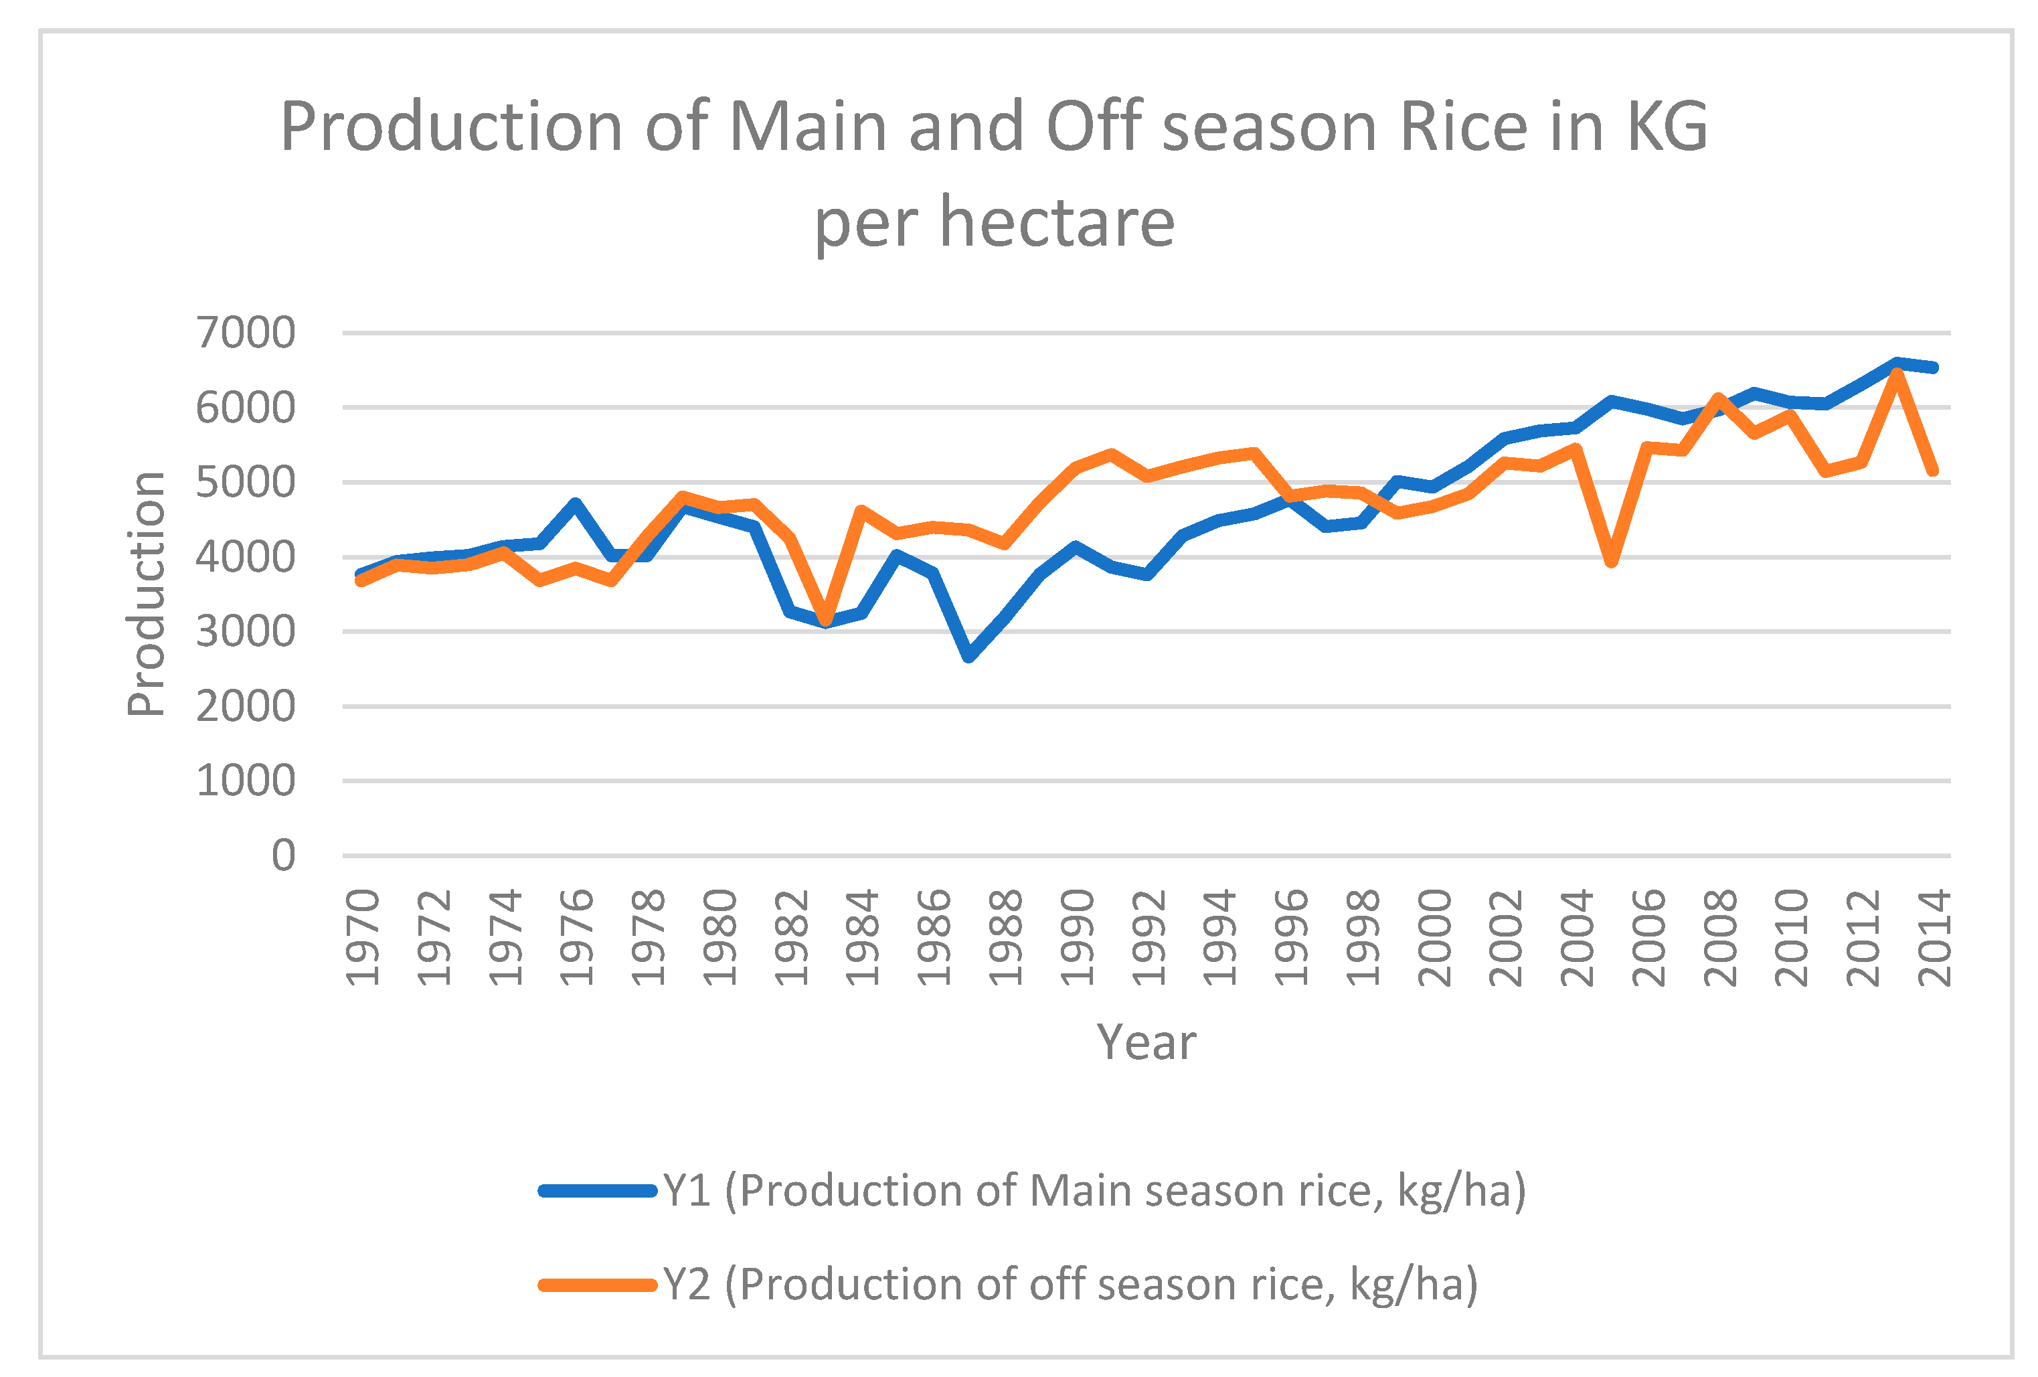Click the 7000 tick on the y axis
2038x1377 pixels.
[x=246, y=333]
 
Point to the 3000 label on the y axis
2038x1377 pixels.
[x=246, y=631]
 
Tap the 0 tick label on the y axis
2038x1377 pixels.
[x=283, y=855]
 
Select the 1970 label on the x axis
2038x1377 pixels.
[x=362, y=937]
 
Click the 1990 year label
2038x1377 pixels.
[x=1077, y=937]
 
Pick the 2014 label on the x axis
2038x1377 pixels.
[x=1934, y=937]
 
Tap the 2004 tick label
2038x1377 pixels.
[x=1577, y=937]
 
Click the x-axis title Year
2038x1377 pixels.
[x=1146, y=1043]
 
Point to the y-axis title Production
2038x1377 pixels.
[x=147, y=594]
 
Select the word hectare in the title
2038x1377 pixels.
[x=1057, y=223]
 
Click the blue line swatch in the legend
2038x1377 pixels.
[x=598, y=1191]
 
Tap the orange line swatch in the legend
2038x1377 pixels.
[x=598, y=1285]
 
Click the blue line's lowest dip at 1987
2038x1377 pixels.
[x=969, y=656]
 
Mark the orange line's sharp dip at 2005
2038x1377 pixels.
[x=1612, y=562]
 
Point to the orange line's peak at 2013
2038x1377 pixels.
[x=1897, y=374]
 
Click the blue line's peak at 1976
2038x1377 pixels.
[x=576, y=504]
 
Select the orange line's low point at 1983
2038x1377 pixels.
[x=825, y=620]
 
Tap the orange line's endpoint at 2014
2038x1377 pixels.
[x=1933, y=471]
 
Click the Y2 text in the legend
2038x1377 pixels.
[x=687, y=1285]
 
